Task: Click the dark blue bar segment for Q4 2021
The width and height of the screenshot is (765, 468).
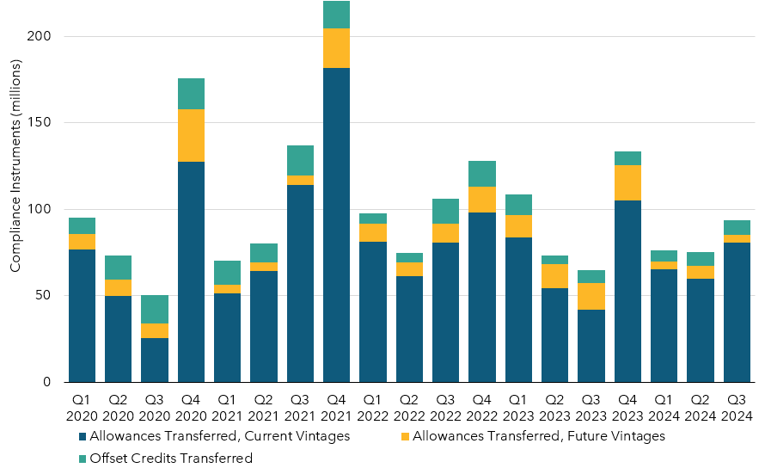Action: pos(336,225)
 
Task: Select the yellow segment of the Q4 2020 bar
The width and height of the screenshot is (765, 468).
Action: pos(191,135)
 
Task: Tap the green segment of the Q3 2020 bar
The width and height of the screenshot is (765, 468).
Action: pos(155,309)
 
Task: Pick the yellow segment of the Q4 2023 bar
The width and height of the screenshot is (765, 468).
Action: pos(627,182)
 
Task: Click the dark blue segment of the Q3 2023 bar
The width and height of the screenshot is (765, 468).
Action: pos(591,345)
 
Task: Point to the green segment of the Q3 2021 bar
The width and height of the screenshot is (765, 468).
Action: pos(300,160)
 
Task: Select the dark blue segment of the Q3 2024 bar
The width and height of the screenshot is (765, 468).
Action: pos(737,311)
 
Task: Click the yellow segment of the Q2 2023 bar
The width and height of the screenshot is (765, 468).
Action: pos(554,275)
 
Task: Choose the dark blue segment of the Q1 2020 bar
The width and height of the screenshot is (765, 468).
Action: pos(82,315)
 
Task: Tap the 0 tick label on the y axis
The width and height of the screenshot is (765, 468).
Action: pos(47,382)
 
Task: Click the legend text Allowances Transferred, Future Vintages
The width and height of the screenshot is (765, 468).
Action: pos(539,436)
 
